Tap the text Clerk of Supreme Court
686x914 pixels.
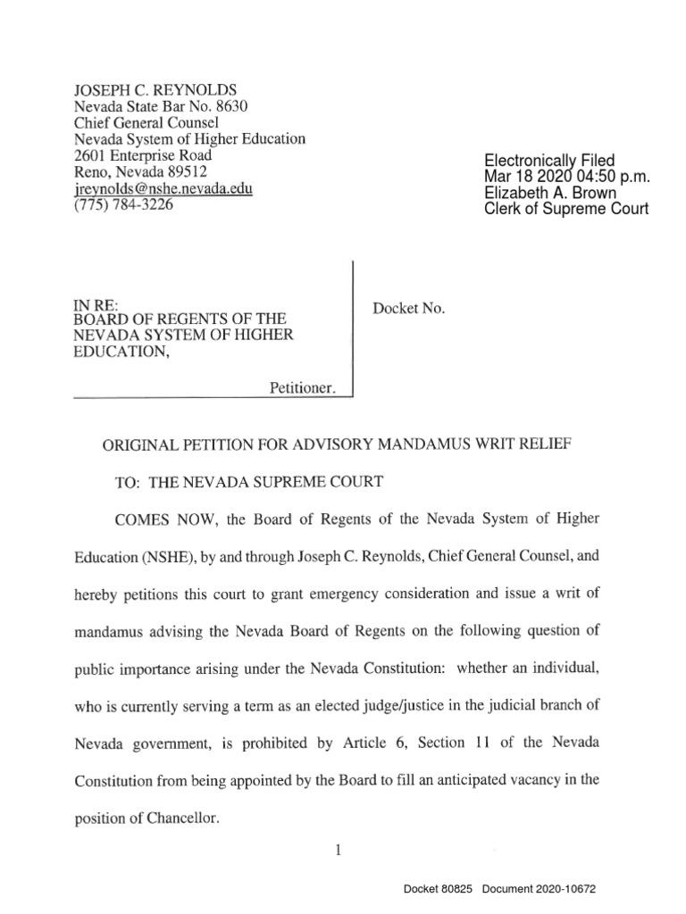565,209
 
